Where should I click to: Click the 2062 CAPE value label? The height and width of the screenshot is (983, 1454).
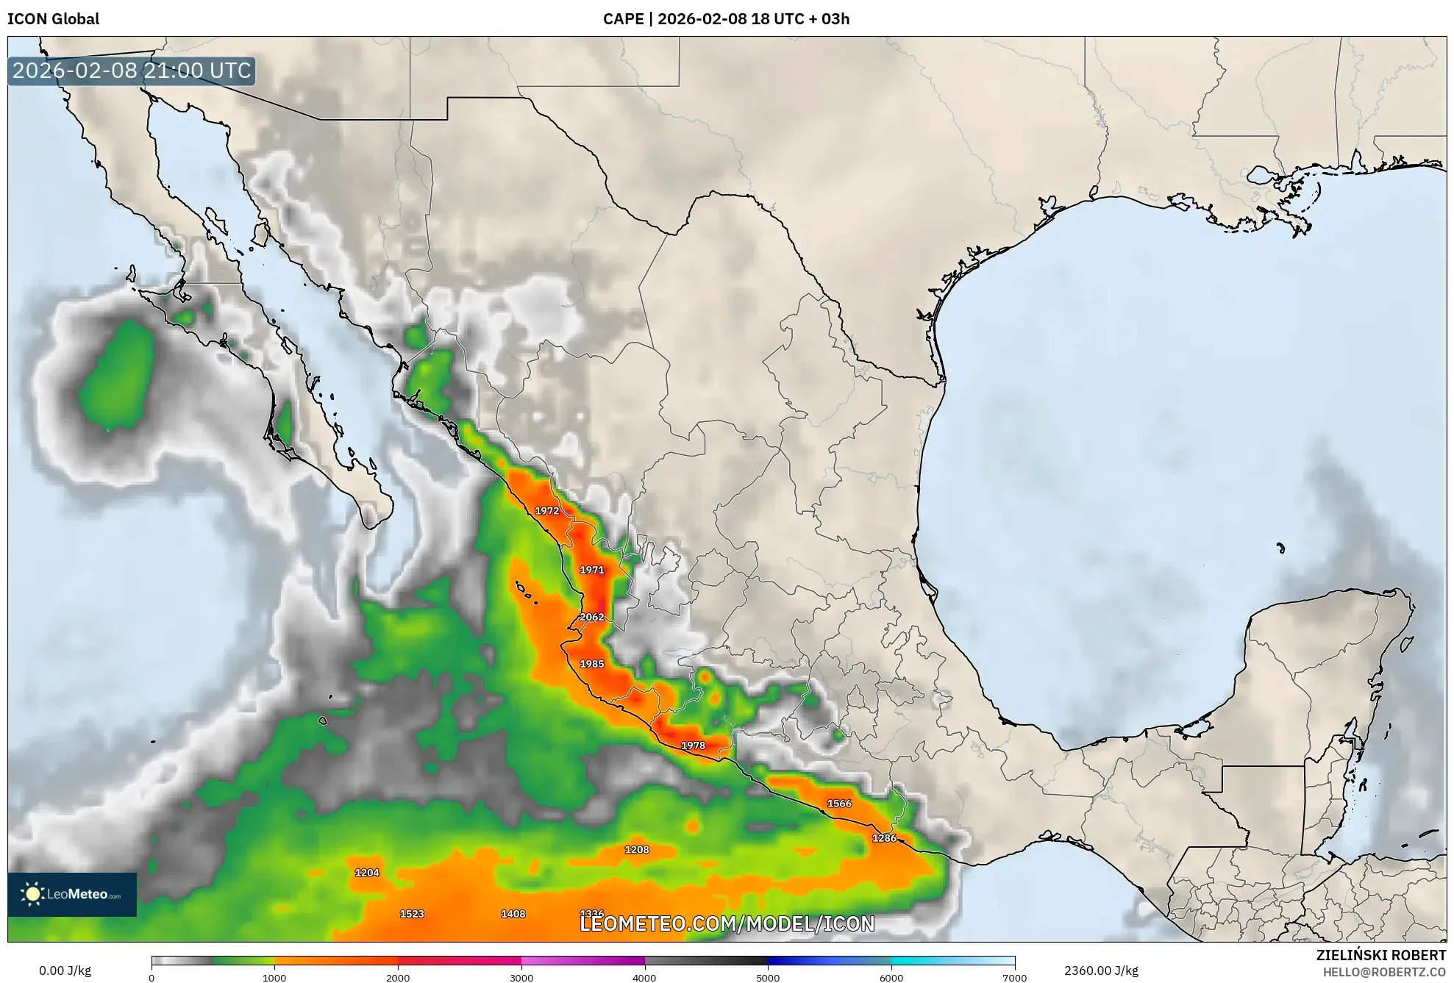tap(592, 617)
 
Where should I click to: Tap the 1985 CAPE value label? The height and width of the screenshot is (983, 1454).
tap(592, 664)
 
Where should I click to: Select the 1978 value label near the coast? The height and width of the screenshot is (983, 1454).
tap(693, 746)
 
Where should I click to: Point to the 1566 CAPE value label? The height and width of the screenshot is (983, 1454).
tap(839, 804)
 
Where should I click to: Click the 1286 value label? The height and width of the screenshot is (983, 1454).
tap(884, 838)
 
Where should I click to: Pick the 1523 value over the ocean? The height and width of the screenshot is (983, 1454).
tap(412, 914)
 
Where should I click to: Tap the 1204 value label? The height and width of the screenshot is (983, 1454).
tap(367, 873)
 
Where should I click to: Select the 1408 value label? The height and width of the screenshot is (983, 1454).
tap(513, 914)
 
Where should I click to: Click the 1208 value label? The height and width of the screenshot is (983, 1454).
tap(637, 850)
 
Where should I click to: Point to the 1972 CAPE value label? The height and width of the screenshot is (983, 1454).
tap(546, 511)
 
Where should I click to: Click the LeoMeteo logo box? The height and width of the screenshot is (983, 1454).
tap(72, 894)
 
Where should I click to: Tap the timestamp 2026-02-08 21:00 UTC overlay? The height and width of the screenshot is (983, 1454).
tap(132, 71)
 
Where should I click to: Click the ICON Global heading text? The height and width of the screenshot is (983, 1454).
tap(53, 19)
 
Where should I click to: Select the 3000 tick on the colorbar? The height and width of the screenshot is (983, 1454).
tap(521, 977)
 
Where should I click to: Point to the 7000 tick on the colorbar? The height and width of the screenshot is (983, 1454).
tap(1014, 977)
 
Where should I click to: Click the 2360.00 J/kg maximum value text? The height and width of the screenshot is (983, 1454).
tap(1101, 971)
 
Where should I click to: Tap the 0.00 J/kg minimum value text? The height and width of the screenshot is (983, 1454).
tap(65, 971)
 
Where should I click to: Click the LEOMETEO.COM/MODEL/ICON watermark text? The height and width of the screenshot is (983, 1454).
tap(727, 924)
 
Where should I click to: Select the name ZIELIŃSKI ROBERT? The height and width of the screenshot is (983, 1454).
tap(1380, 955)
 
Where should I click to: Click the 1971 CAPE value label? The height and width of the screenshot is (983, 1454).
tap(592, 570)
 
